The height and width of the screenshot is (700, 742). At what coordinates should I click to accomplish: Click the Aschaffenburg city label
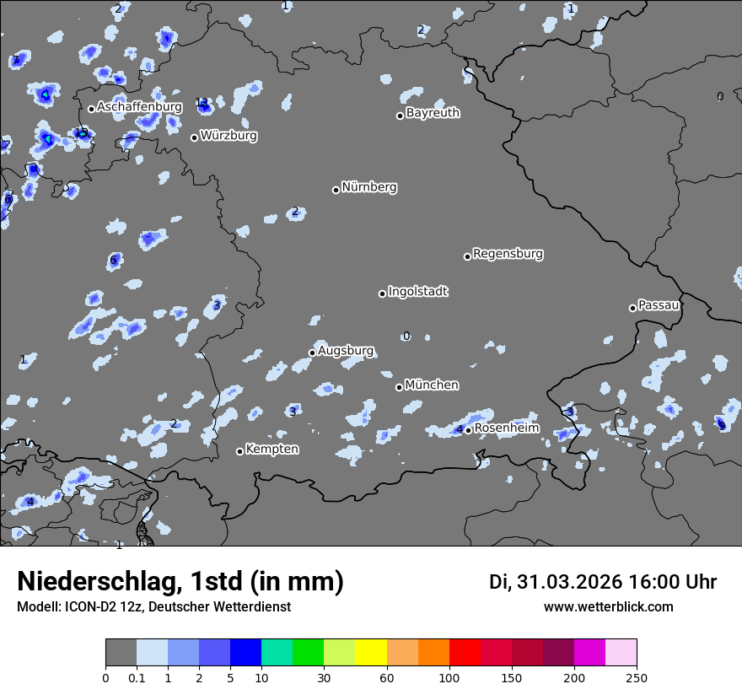[139, 107]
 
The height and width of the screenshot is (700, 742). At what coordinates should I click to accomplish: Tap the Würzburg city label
[229, 136]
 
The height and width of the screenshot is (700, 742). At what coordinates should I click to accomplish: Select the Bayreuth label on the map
[433, 113]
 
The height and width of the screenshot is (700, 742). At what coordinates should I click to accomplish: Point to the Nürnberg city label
[368, 187]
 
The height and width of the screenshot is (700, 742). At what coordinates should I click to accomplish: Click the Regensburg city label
[508, 254]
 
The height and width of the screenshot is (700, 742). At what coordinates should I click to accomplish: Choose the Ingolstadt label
[417, 292]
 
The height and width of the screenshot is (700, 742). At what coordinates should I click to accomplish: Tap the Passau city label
[659, 305]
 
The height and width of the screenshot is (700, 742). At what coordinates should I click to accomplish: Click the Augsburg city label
[346, 351]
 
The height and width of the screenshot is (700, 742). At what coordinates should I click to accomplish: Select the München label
[432, 385]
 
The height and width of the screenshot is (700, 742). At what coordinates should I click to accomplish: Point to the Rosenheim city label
[506, 428]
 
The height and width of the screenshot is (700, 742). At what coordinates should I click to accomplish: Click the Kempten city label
[272, 450]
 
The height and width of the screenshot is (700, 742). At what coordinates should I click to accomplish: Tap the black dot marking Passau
[632, 308]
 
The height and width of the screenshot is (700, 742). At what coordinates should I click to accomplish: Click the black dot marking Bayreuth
[401, 116]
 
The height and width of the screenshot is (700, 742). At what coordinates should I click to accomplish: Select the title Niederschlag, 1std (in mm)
[180, 582]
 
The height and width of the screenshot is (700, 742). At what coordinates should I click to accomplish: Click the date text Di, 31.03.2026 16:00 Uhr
[603, 582]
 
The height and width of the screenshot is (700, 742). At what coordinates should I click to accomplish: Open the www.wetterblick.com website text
[608, 607]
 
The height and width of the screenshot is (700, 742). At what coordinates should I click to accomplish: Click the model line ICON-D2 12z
[153, 607]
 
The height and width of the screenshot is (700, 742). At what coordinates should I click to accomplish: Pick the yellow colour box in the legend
[371, 653]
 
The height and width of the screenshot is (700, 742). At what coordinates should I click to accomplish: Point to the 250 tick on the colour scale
[637, 677]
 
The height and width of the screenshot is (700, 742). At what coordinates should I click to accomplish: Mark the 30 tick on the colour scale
[324, 677]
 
